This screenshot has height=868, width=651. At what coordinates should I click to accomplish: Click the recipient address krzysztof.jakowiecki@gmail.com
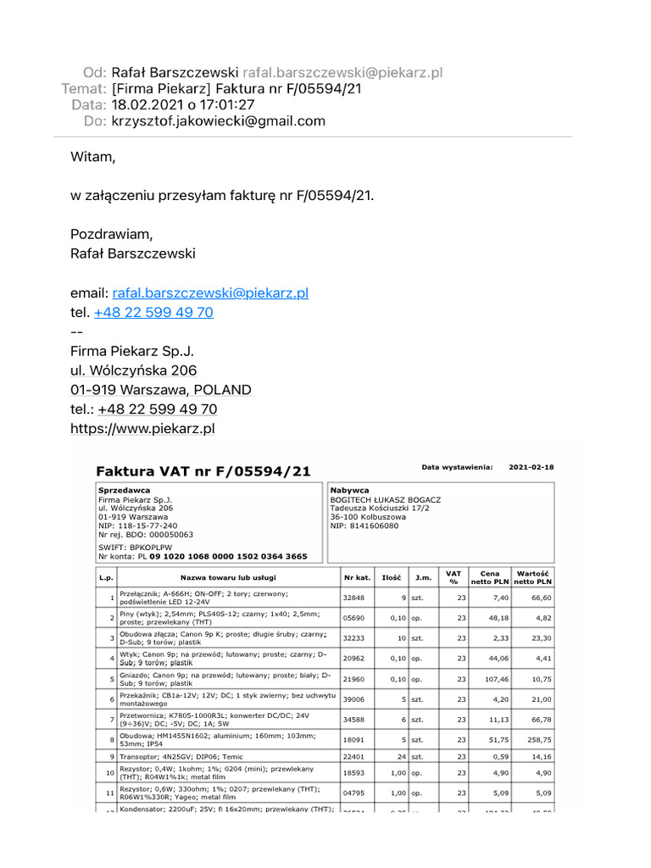click(x=218, y=121)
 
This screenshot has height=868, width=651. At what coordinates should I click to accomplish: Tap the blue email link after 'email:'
click(x=210, y=293)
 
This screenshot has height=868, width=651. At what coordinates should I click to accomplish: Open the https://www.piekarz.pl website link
click(x=142, y=429)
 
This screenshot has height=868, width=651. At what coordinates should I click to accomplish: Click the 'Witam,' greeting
click(x=92, y=157)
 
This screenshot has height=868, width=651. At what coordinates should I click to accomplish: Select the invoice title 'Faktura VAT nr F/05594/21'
click(x=203, y=471)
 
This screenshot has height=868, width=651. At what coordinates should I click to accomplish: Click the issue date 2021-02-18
click(x=531, y=467)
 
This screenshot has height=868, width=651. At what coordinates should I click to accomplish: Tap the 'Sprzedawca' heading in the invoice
click(x=125, y=491)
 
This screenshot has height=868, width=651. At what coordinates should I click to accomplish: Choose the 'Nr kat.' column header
click(x=357, y=577)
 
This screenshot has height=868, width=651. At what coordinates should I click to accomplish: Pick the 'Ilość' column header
click(x=391, y=577)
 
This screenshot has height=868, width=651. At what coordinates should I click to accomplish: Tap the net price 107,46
click(x=495, y=679)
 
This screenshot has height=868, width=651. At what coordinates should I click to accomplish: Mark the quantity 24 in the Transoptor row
click(x=401, y=757)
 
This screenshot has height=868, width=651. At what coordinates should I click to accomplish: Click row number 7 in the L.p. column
click(x=112, y=720)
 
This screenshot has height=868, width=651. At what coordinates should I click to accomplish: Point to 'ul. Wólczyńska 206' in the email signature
click(x=133, y=370)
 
